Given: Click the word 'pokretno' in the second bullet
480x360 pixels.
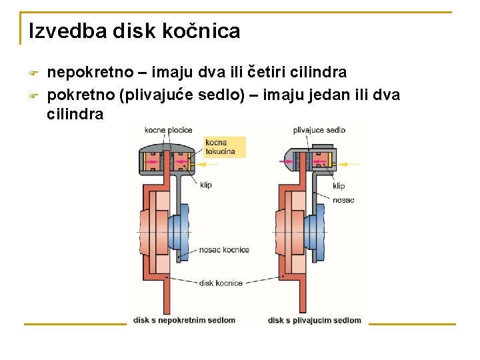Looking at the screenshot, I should (80, 94).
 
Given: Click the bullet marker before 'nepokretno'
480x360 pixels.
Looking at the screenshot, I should (34, 73).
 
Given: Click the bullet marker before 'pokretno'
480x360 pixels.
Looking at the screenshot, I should (34, 95).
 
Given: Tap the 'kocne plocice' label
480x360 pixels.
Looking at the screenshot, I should (168, 130).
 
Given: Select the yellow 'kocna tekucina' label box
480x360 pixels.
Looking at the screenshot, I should (224, 147).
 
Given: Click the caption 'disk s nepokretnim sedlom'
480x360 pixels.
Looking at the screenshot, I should (185, 320).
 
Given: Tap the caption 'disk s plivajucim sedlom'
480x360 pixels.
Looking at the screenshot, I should (315, 320).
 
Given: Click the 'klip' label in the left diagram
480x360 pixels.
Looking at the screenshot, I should (205, 185).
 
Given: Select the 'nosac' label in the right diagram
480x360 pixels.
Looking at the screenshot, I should (343, 199).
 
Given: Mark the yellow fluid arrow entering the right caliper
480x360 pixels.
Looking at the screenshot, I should (349, 162).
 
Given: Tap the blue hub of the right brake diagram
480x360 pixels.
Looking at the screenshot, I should (314, 232).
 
